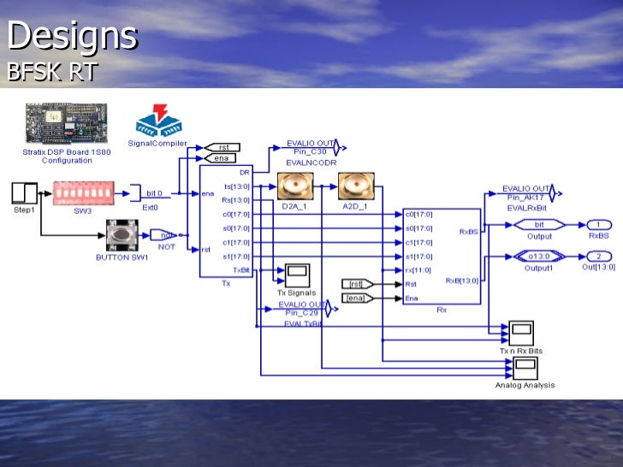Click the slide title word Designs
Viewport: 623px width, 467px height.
click(72, 36)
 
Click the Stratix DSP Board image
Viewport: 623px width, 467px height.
click(67, 124)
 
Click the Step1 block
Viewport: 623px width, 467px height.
click(24, 192)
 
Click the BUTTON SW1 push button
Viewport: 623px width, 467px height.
click(122, 234)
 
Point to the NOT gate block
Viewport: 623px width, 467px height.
click(163, 233)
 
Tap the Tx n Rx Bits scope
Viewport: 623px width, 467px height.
click(520, 333)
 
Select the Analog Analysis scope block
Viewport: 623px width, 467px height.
click(525, 368)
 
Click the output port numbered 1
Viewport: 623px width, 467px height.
click(598, 224)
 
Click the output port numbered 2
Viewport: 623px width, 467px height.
click(598, 256)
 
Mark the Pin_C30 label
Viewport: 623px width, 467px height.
click(305, 151)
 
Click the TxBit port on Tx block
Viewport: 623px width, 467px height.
click(241, 269)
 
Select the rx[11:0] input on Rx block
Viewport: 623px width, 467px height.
click(418, 269)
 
